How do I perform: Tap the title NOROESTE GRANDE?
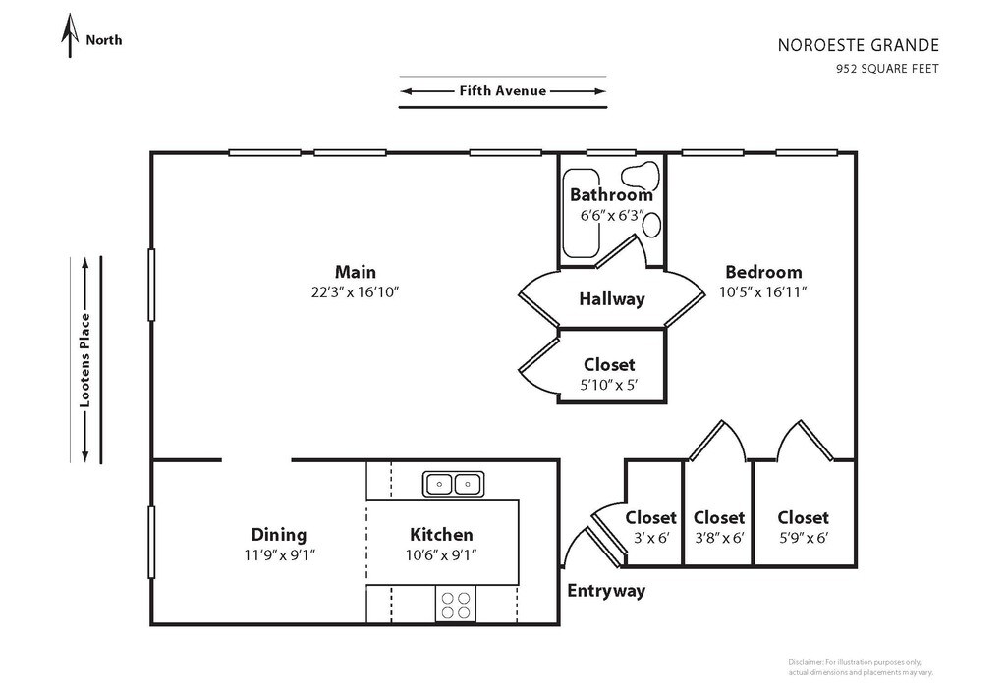[x=859, y=45]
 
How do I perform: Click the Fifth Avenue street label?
[x=502, y=91]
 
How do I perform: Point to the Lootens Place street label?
[x=85, y=359]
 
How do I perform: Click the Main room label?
[x=355, y=272]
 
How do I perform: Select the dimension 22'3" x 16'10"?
[x=355, y=291]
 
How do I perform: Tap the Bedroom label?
[x=763, y=272]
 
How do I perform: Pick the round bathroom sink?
[x=652, y=224]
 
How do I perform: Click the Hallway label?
[x=611, y=299]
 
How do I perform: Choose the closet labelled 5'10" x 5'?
[x=609, y=374]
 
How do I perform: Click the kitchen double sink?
[x=453, y=483]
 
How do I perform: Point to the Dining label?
[x=279, y=535]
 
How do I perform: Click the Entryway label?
[x=606, y=591]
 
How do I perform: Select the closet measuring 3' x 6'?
[x=650, y=525]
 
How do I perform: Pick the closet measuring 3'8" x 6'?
[x=718, y=525]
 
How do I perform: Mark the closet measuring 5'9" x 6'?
[x=803, y=525]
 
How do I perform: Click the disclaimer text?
[x=860, y=666]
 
